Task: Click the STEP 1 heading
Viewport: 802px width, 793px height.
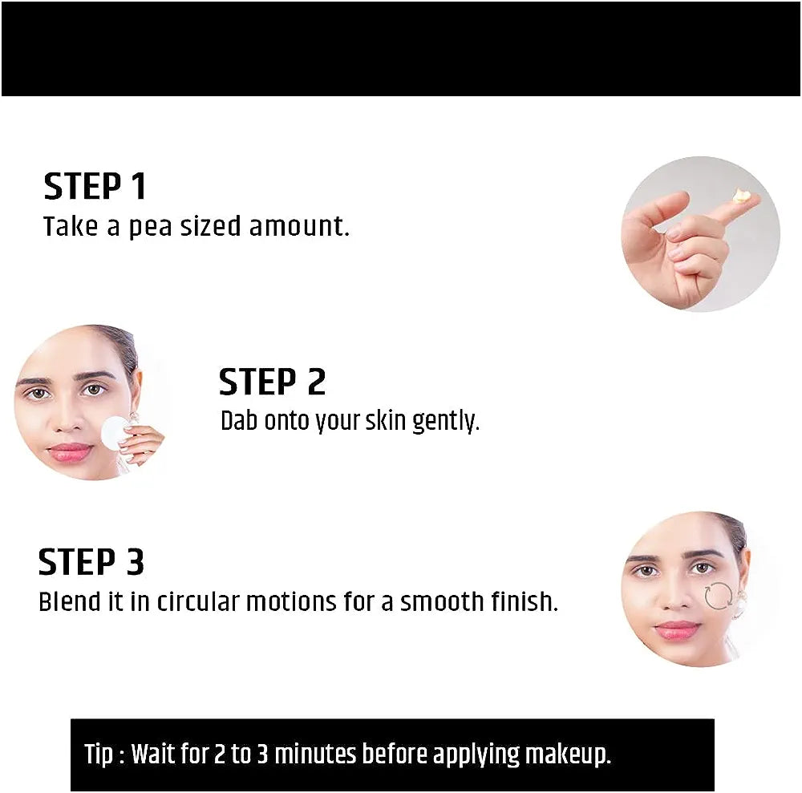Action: [95, 186]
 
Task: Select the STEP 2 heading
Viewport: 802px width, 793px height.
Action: [272, 382]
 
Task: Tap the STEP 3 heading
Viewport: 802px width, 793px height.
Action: [91, 562]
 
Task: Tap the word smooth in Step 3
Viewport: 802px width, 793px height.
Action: [442, 601]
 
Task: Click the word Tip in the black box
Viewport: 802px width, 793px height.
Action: [99, 755]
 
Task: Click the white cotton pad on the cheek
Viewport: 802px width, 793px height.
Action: [114, 432]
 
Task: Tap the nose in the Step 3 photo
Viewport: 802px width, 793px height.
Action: [672, 597]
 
